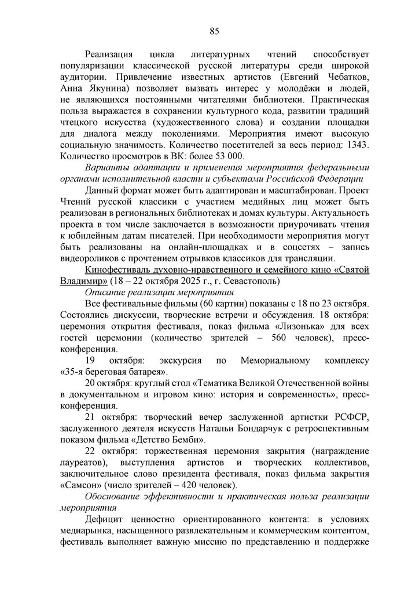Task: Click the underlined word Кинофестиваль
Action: (x=120, y=270)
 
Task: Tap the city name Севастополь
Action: (x=252, y=281)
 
